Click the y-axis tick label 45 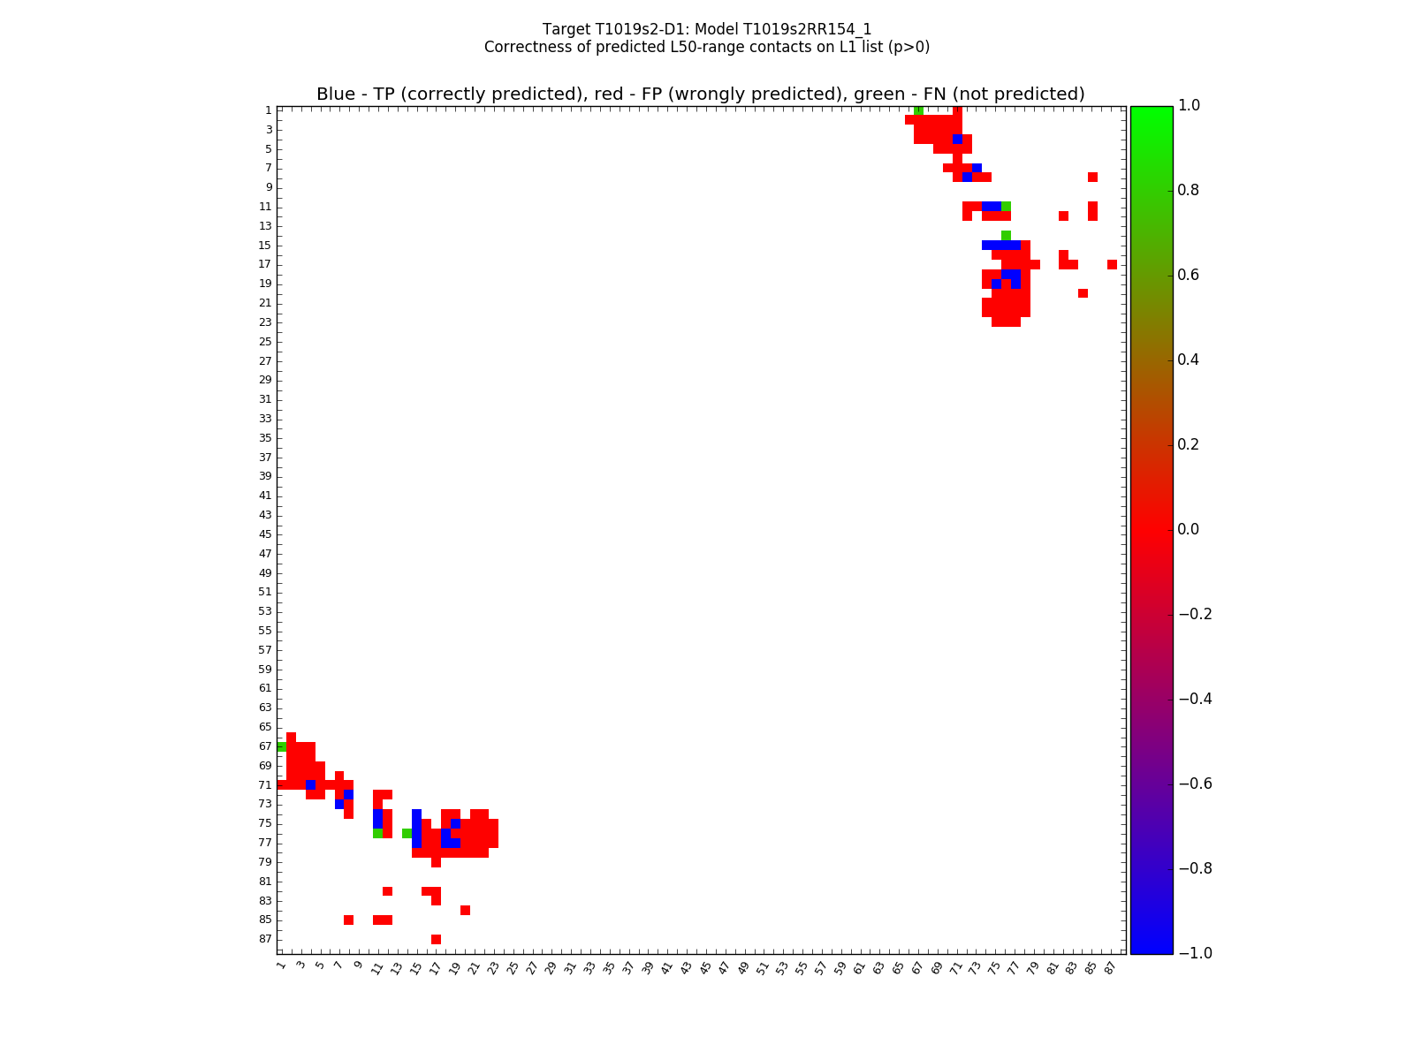265,534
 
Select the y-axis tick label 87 265,939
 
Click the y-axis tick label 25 265,342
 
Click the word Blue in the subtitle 336,95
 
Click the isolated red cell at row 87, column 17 436,939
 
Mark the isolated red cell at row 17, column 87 1112,264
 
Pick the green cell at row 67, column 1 281,746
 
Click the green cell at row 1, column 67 918,110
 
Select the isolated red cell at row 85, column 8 348,920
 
